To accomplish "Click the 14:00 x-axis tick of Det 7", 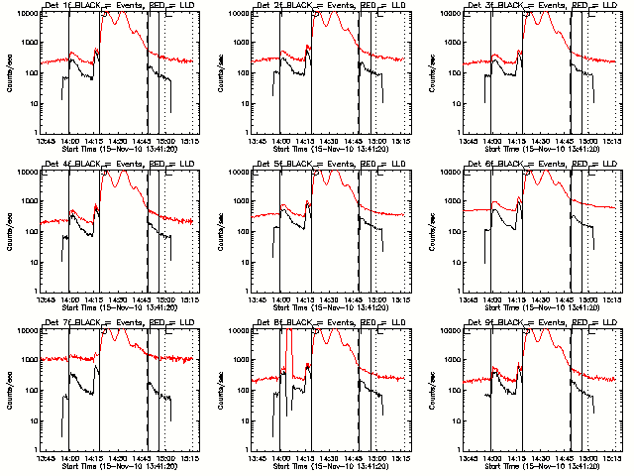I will [x=69, y=458].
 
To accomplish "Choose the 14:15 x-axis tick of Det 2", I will [x=303, y=141].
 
